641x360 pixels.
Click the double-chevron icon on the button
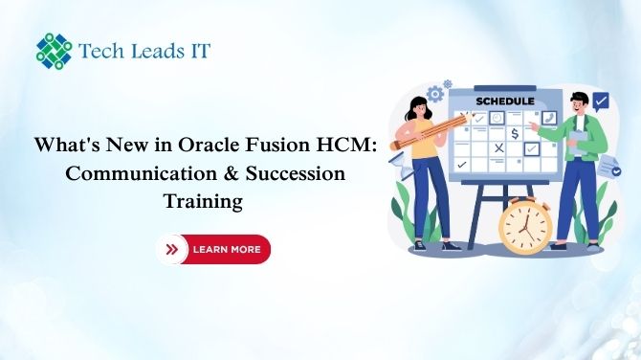click(x=172, y=249)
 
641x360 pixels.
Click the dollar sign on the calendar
click(x=515, y=132)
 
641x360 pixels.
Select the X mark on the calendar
click(x=497, y=148)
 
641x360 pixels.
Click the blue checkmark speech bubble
click(x=601, y=100)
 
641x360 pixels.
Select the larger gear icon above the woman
click(x=436, y=94)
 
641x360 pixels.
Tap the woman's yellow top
click(x=425, y=134)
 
